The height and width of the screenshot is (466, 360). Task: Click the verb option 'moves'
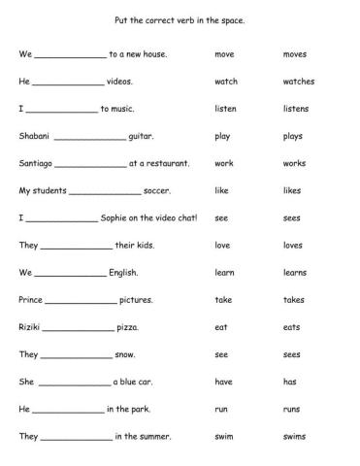(x=295, y=54)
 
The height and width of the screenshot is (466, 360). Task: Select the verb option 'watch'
(x=225, y=82)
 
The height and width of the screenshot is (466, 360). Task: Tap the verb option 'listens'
(x=296, y=109)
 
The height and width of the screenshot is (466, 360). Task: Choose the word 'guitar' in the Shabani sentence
(x=141, y=137)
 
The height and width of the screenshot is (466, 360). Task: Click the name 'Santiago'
(x=36, y=164)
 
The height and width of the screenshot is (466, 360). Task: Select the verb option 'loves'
(x=294, y=246)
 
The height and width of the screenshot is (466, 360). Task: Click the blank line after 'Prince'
(x=81, y=303)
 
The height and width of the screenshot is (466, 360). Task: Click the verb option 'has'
(x=290, y=382)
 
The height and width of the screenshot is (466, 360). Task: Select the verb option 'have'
(x=224, y=382)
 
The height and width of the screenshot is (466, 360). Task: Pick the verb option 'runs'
(x=292, y=409)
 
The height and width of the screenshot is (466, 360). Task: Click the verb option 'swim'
(x=225, y=436)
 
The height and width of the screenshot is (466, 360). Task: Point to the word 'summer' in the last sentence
(x=148, y=437)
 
